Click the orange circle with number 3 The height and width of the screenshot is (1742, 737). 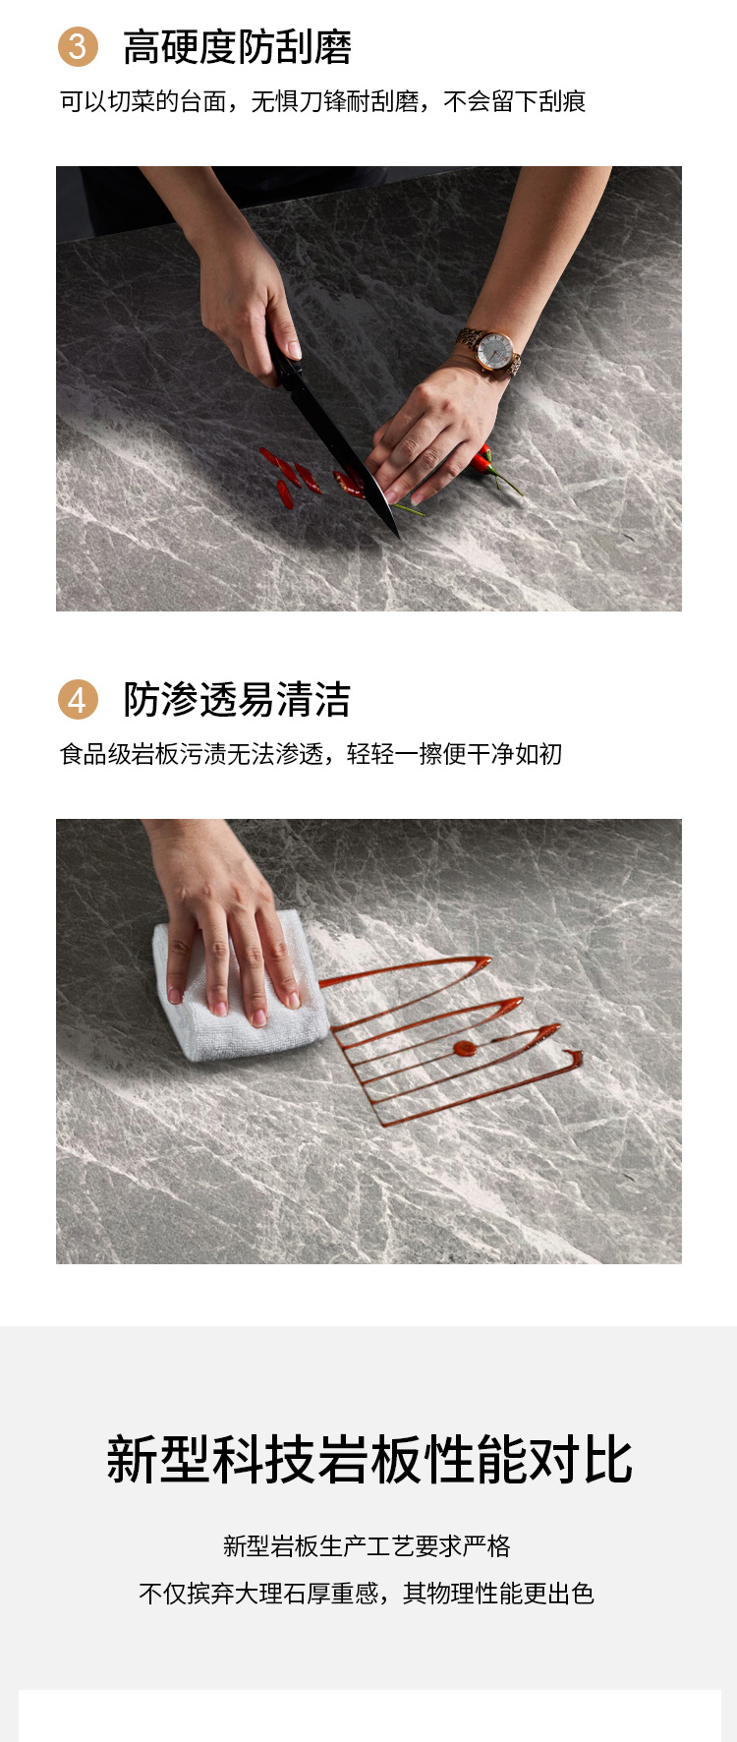tap(78, 47)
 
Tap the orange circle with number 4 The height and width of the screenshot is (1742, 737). tap(78, 700)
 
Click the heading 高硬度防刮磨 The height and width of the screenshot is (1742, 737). tap(237, 47)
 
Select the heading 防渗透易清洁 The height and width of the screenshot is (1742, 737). tap(237, 700)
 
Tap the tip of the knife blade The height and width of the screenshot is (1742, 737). tap(398, 536)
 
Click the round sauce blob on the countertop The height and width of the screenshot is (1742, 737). tap(465, 1049)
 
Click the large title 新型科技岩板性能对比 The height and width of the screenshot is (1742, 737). tap(369, 1460)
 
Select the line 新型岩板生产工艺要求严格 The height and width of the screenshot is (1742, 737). tap(367, 1546)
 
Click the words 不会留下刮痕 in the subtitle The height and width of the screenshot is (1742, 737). tap(515, 101)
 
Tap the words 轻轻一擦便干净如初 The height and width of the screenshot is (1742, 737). tap(455, 754)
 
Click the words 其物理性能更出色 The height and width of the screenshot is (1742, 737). tap(499, 1594)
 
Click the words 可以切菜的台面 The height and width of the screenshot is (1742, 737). tap(143, 101)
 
